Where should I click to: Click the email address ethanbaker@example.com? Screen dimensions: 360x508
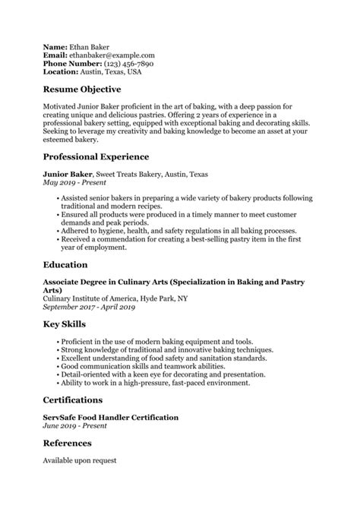point(112,55)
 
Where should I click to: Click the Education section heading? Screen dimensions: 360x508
point(68,267)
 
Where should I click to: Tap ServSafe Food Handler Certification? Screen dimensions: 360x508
point(111,418)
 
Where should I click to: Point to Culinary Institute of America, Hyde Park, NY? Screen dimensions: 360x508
point(115,298)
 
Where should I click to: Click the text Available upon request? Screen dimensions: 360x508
point(81,461)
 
